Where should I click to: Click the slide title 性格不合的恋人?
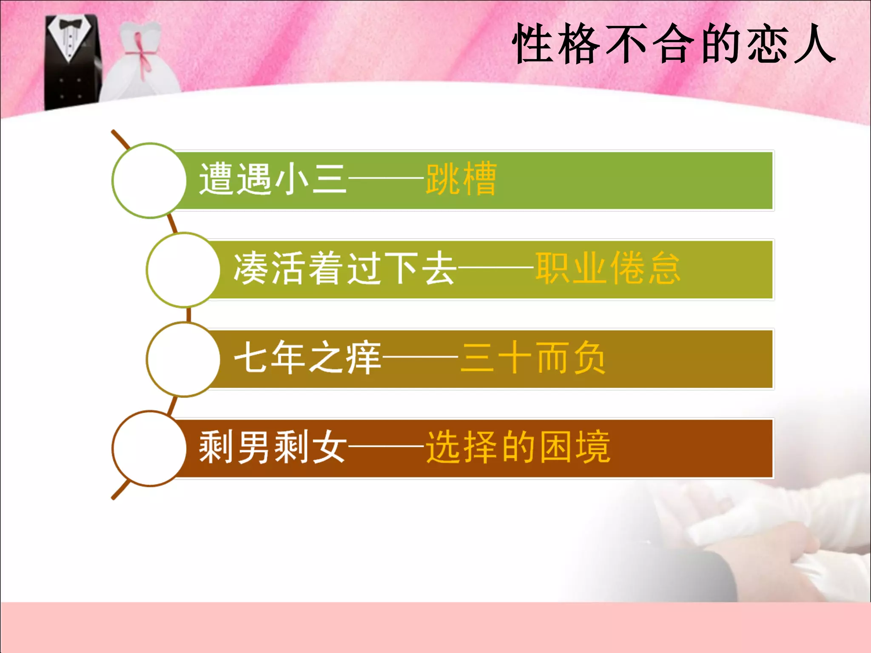coord(674,44)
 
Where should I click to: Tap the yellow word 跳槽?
coord(461,179)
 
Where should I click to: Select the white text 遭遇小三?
coord(272,179)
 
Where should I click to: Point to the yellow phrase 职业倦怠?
coord(608,268)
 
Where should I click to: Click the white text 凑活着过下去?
coord(344,268)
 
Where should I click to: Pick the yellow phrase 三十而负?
coord(533,358)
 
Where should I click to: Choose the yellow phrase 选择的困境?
coord(518,447)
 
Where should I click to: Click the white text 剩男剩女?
coord(272,447)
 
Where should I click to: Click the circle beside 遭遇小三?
coord(149,181)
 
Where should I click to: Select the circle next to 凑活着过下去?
coord(183,270)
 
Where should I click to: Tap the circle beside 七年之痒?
coord(183,359)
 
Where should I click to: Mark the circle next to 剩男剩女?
coord(149,449)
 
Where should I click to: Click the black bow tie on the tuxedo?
coord(71,24)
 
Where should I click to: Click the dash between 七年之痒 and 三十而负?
coord(420,358)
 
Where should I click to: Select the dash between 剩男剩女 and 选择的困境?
coord(386,447)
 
